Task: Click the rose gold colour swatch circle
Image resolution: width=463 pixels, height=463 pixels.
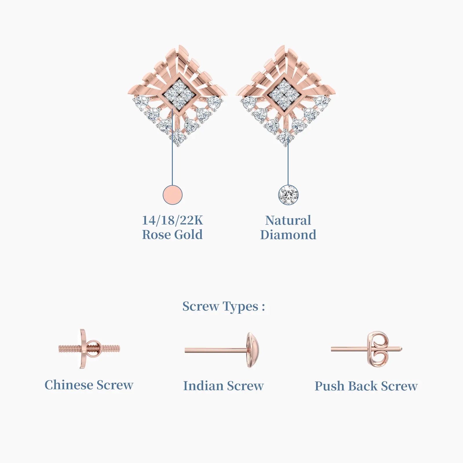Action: click(172, 195)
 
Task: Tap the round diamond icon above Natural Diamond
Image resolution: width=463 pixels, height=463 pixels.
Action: click(288, 195)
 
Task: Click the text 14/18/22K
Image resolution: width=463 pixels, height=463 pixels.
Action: click(172, 220)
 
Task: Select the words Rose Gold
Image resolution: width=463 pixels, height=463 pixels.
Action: click(172, 235)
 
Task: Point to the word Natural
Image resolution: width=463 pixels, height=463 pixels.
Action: click(288, 220)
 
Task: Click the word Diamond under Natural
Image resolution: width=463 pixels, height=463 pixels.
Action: click(288, 235)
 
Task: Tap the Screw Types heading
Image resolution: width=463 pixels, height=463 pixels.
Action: click(224, 306)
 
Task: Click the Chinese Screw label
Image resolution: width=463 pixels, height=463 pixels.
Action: click(89, 385)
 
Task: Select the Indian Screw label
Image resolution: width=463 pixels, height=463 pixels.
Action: click(223, 386)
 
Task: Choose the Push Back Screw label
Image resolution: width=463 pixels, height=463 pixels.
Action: click(366, 386)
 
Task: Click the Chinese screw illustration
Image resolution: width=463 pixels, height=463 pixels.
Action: click(89, 349)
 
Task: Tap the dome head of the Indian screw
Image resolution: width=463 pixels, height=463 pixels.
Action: click(252, 350)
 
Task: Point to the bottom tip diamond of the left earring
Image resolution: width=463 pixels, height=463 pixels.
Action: click(178, 137)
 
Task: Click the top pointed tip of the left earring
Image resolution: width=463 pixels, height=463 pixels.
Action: click(180, 45)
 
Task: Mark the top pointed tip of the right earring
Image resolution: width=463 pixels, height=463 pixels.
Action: click(284, 45)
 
